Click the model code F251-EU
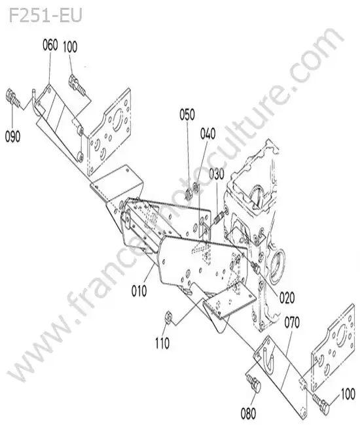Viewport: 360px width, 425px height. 45,16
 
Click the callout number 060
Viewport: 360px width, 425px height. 50,45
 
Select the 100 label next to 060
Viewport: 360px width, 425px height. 70,46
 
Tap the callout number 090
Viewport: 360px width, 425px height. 12,136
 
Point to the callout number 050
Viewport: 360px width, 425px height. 187,114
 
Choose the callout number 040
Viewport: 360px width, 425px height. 208,134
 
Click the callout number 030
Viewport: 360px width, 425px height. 217,175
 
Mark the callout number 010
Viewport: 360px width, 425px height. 139,291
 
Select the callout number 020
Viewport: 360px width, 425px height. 287,298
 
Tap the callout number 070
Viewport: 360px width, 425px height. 292,322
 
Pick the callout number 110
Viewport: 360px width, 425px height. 162,343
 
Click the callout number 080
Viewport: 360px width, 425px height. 248,414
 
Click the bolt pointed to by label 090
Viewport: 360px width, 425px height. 12,98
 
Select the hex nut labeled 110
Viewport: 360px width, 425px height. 168,316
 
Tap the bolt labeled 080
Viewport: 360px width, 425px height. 254,382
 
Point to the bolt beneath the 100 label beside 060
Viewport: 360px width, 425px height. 77,84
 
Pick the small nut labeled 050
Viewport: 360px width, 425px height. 189,194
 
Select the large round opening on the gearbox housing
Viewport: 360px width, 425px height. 277,265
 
